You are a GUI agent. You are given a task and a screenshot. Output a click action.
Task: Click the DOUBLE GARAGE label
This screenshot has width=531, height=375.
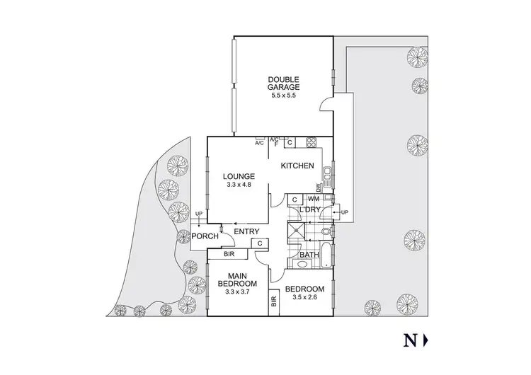pyautogui.click(x=283, y=83)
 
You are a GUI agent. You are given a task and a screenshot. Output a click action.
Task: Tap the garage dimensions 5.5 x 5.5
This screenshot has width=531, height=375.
pyautogui.click(x=283, y=96)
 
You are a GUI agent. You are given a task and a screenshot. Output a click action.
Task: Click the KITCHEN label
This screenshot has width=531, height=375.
pyautogui.click(x=298, y=166)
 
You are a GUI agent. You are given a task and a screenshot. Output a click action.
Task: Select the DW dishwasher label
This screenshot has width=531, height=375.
pyautogui.click(x=319, y=188)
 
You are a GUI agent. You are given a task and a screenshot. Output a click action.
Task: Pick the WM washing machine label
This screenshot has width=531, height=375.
pyautogui.click(x=314, y=200)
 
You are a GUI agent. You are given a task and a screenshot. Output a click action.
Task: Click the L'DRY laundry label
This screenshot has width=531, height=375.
pyautogui.click(x=310, y=211)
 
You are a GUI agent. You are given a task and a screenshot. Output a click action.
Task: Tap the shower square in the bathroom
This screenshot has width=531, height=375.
pyautogui.click(x=296, y=231)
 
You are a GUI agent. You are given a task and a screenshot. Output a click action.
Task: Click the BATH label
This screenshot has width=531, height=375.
pyautogui.click(x=309, y=255)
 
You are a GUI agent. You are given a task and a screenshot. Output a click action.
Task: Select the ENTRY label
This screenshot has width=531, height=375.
pyautogui.click(x=246, y=231)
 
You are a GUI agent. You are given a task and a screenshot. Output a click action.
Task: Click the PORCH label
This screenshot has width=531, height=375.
pyautogui.click(x=205, y=236)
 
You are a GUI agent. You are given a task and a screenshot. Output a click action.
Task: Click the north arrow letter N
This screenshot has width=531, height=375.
pyautogui.click(x=409, y=341)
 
